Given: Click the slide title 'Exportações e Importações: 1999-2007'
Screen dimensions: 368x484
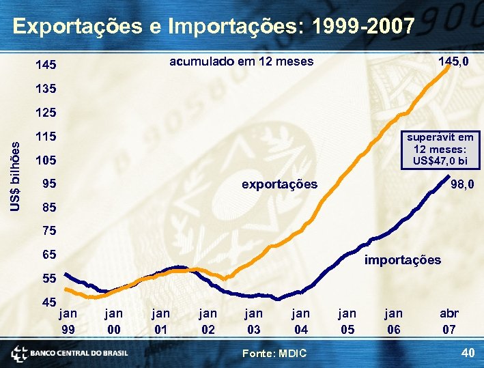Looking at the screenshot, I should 214,27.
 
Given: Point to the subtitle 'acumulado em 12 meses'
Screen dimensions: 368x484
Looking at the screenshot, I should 241,61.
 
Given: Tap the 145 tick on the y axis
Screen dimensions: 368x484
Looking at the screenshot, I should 46,66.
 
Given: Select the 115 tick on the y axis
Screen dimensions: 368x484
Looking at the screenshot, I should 46,137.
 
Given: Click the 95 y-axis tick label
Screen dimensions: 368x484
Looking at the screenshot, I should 48,184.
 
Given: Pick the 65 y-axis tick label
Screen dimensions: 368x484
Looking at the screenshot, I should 48,255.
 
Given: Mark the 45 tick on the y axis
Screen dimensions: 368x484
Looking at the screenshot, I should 48,302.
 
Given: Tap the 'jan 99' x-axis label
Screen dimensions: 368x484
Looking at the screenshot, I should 68,321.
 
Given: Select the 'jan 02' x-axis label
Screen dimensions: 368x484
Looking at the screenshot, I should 208,321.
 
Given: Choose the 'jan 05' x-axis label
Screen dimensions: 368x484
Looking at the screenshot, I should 347,321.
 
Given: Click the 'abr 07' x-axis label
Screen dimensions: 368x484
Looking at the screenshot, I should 449,321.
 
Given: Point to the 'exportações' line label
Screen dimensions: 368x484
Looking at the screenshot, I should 280,184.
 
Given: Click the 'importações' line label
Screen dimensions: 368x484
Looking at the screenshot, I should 403,259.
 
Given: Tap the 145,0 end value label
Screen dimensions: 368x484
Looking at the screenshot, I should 453,61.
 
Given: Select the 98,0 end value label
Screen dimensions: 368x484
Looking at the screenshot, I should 464,184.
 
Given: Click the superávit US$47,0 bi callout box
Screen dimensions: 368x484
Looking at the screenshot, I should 440,150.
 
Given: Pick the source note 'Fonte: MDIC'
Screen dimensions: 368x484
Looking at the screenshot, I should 275,352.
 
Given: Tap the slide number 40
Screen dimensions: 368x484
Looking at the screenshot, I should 468,352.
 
